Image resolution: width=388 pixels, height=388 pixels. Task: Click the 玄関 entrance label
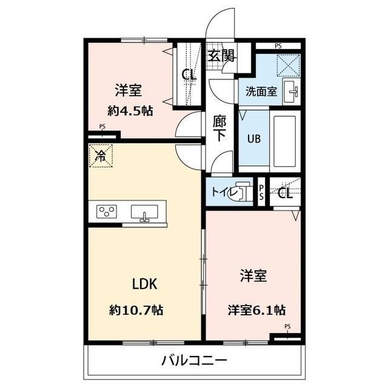(221, 56)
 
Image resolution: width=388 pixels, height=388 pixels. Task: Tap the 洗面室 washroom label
(261, 92)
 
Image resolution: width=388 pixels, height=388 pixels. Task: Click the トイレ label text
(221, 192)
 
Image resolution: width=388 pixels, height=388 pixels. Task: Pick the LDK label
(145, 284)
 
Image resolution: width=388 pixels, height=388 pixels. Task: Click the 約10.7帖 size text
(136, 310)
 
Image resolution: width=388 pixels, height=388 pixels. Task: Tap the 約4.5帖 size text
(129, 112)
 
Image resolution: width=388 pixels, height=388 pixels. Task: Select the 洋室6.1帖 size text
(256, 310)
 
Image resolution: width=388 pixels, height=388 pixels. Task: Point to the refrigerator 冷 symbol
(101, 156)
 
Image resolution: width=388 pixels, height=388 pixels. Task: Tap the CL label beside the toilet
(285, 194)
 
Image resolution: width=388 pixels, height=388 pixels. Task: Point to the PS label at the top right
(278, 45)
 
